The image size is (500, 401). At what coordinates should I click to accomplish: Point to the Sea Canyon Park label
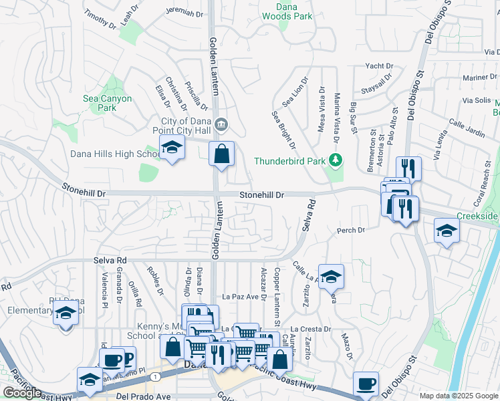107,102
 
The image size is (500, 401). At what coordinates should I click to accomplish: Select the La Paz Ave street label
240,296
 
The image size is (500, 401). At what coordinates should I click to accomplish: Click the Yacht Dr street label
378,66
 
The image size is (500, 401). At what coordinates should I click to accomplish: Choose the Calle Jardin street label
467,128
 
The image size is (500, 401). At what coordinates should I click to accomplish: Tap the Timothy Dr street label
100,19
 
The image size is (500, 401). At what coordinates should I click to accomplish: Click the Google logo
22,393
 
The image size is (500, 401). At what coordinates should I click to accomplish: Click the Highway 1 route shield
155,378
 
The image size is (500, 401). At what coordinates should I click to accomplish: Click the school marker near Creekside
447,231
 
